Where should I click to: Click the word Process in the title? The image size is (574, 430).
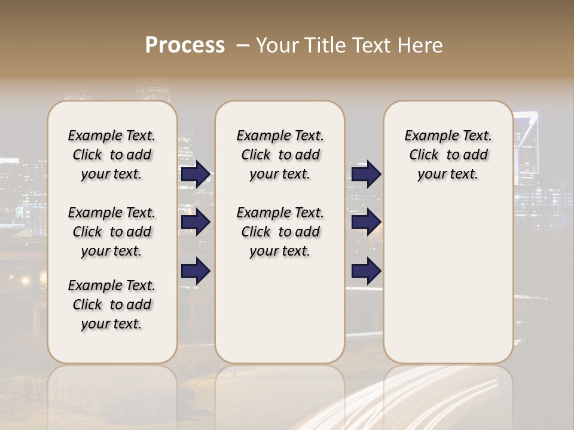coord(185,45)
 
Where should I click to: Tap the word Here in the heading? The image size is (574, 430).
coord(420,45)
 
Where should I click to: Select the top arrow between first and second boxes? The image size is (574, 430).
coord(196,174)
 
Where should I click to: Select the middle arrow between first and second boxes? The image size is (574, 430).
coord(196,223)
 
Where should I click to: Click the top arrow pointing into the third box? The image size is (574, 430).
coord(366,174)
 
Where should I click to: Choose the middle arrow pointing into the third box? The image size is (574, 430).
coord(366,223)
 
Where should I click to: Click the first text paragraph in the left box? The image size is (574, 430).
coord(112,155)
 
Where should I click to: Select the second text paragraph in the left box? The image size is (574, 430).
coord(112,232)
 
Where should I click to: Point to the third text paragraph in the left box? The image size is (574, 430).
coord(112,305)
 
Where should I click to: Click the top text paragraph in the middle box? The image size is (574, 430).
coord(280,155)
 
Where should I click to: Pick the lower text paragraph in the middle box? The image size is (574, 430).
coord(280,232)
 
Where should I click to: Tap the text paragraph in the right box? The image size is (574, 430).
coord(448,155)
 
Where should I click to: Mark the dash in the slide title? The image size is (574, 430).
coord(243,45)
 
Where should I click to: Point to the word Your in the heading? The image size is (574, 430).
coord(277,45)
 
